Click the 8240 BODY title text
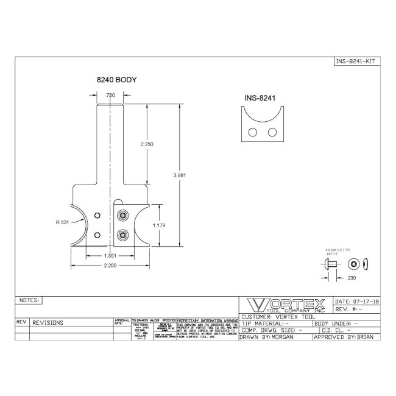[116, 80]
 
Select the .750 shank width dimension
[110, 96]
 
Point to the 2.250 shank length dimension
[147, 144]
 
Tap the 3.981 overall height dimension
[180, 175]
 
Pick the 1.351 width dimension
[110, 255]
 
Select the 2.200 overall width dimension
[110, 266]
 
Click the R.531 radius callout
[62, 223]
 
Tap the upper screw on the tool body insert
[124, 215]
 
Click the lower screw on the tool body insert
[124, 235]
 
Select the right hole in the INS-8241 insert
[272, 132]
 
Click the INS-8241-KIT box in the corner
[357, 61]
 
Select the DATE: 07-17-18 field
[357, 302]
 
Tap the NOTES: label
[29, 300]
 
